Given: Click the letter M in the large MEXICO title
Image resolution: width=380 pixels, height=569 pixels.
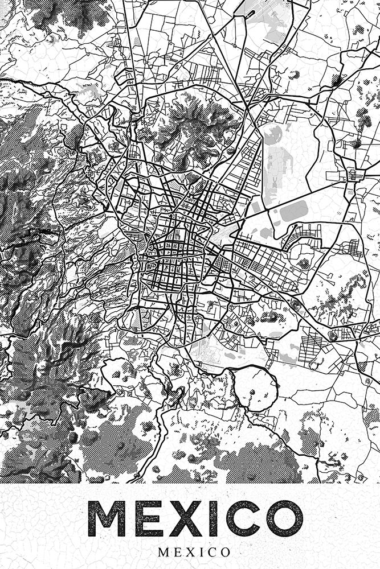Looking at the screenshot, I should click(x=112, y=519).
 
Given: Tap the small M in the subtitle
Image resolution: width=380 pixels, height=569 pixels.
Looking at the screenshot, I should click(x=163, y=552).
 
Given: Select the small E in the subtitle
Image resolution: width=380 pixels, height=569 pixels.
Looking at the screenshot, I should click(x=176, y=552).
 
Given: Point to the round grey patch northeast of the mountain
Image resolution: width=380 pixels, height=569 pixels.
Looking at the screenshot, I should click(x=272, y=135).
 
